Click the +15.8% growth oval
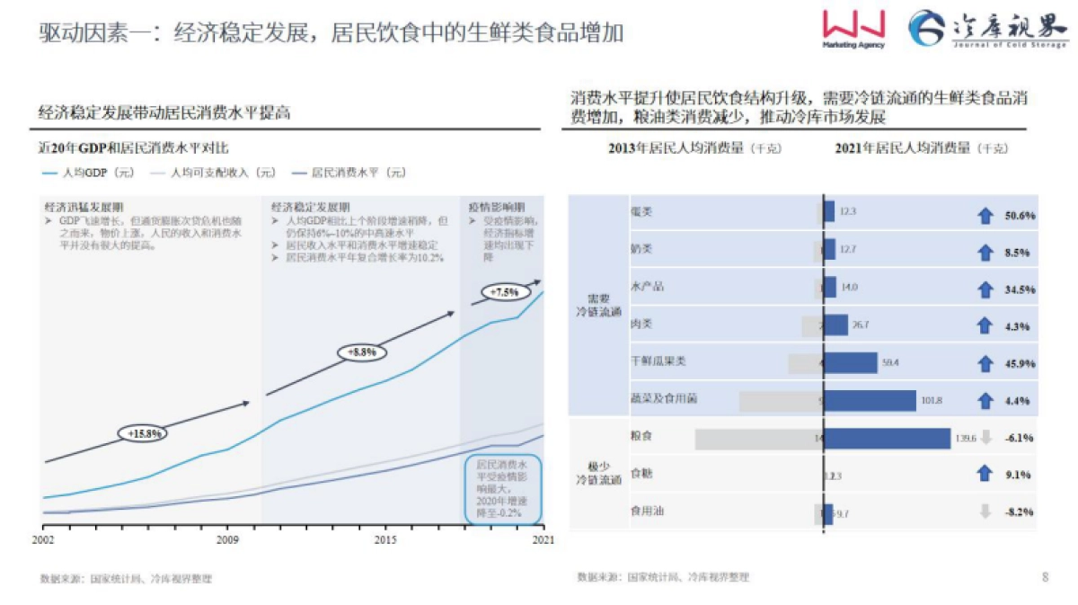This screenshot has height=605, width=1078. click(x=144, y=433)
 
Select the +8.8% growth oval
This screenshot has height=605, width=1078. click(x=360, y=352)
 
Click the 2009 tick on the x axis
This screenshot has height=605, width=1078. click(x=227, y=539)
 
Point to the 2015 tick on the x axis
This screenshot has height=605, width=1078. click(x=385, y=539)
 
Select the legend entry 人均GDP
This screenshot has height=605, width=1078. click(x=85, y=172)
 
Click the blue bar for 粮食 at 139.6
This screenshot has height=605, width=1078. click(x=888, y=438)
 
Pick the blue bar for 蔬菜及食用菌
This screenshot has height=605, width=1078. click(x=870, y=400)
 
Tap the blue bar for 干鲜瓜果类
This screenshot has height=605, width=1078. click(x=851, y=362)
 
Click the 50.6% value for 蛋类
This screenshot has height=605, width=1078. click(x=1020, y=216)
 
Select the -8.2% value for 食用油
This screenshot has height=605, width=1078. click(x=1020, y=512)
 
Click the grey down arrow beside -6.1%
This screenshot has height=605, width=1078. click(x=985, y=438)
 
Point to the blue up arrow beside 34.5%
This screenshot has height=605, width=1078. click(x=985, y=289)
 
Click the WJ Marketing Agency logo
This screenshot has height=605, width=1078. click(x=853, y=31)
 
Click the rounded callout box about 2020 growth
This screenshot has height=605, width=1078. click(x=503, y=489)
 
